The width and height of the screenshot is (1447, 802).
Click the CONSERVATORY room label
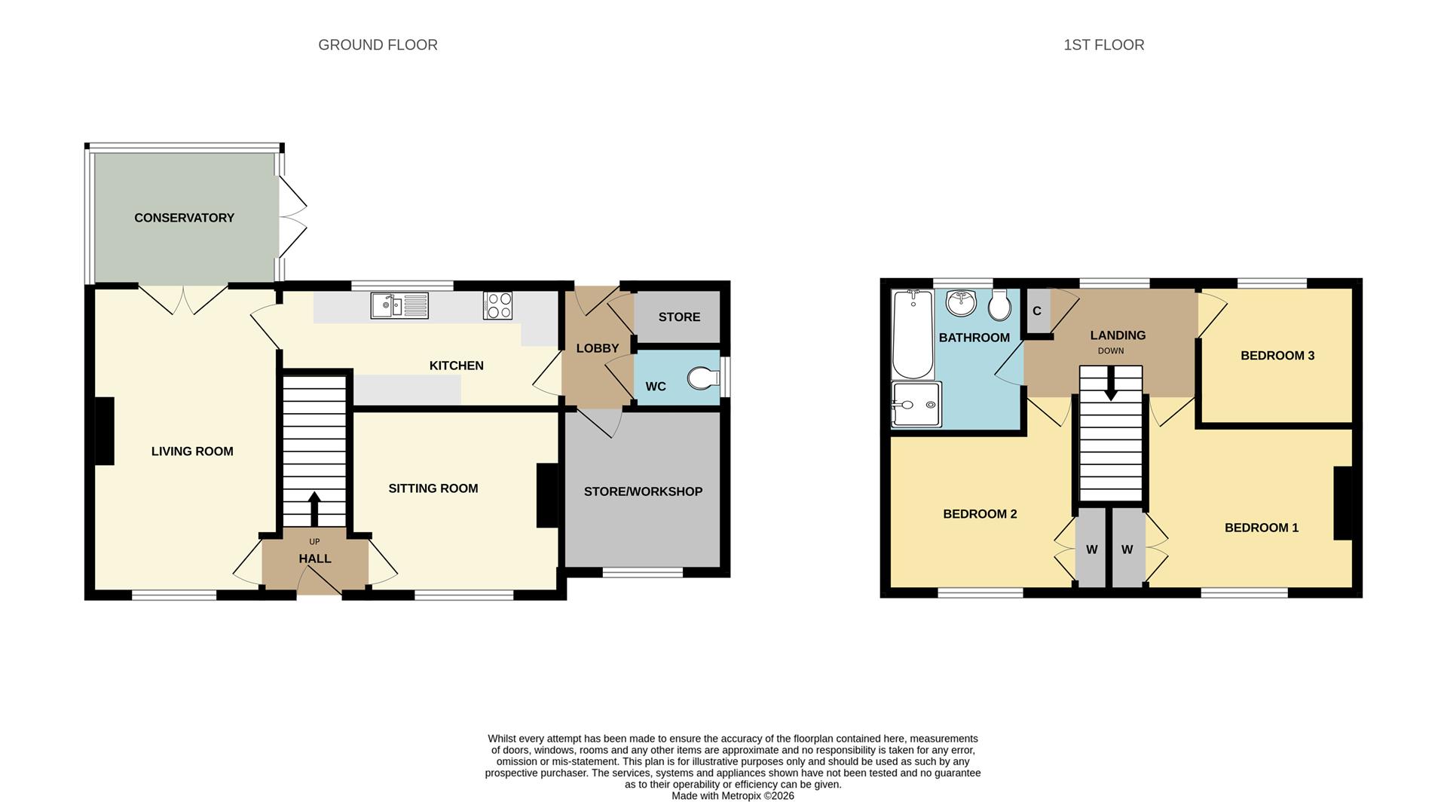coord(184,218)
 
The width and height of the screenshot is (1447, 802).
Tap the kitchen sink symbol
coord(399,305)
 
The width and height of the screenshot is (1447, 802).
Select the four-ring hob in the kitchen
coord(497,305)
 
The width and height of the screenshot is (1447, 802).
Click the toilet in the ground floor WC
coord(702,378)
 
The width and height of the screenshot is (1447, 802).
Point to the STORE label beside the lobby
coord(679,317)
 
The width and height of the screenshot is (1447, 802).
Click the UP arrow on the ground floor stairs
coord(314,508)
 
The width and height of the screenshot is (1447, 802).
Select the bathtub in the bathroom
coord(913,335)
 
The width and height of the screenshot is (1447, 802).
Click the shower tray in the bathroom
coord(916,405)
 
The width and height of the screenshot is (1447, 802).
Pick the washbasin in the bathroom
coord(961,303)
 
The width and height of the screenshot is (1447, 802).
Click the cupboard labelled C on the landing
coord(1037,311)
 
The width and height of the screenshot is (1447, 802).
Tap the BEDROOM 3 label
coord(1277,356)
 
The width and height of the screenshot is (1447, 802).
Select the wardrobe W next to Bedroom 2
coord(1091,549)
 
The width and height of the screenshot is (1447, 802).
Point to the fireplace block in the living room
coord(104,431)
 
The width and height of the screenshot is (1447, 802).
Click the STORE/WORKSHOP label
coord(643,491)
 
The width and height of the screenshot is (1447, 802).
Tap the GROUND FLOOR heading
coord(378,45)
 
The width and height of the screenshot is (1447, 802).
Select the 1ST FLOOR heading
coord(1103,45)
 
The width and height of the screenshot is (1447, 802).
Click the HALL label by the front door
coord(314,559)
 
